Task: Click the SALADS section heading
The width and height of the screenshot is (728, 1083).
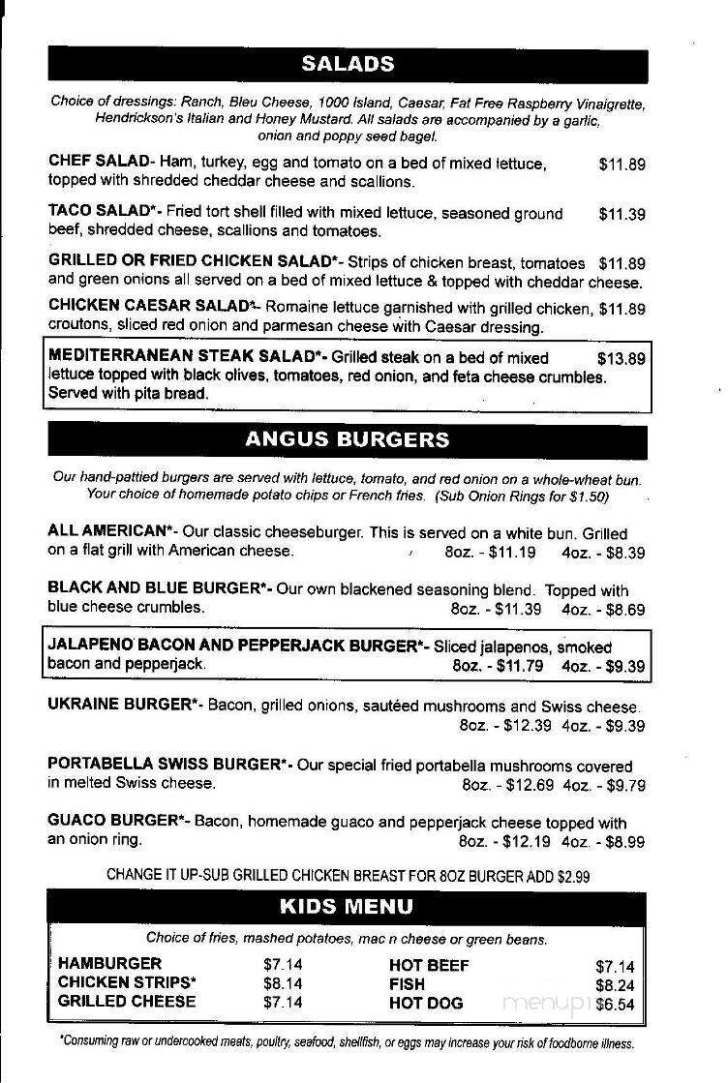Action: tap(348, 65)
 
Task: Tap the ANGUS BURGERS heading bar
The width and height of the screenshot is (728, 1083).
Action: tap(348, 439)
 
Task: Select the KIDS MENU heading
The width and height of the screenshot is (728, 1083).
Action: tap(346, 907)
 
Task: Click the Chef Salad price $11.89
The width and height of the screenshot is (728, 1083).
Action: tap(622, 165)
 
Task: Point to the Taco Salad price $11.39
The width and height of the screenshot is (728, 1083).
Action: tap(622, 214)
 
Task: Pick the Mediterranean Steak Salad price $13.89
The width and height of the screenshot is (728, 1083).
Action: tap(621, 358)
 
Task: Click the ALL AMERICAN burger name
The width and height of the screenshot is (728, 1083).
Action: tap(107, 531)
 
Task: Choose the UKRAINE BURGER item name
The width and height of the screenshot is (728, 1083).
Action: tap(118, 706)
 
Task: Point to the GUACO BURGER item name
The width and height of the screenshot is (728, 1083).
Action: tap(112, 822)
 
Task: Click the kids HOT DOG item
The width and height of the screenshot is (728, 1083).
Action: tap(426, 1004)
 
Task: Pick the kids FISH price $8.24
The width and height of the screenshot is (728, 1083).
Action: tap(615, 985)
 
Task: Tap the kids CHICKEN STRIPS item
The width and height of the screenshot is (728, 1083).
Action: tap(127, 982)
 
